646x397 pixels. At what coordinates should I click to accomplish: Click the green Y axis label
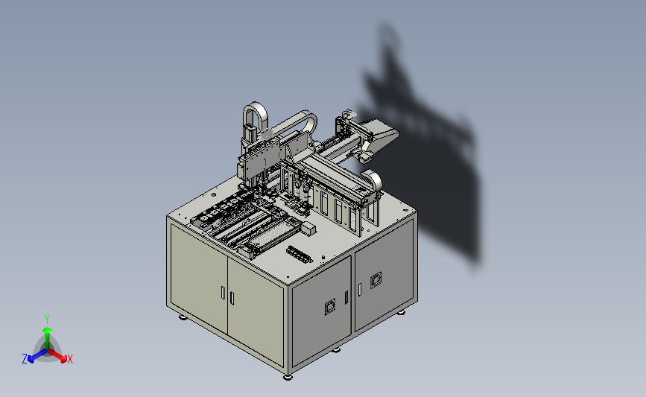[47, 320]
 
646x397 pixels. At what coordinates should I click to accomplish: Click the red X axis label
[69, 359]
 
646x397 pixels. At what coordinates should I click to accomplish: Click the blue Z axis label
[25, 359]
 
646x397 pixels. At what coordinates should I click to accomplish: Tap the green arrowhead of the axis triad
[47, 330]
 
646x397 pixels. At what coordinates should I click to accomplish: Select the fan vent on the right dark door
[376, 280]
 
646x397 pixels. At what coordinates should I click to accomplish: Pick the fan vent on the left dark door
[330, 307]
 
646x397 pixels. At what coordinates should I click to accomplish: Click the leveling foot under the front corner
[288, 376]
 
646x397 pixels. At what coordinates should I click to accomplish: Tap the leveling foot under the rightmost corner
[401, 313]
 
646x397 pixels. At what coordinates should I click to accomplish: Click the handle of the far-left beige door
[223, 293]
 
